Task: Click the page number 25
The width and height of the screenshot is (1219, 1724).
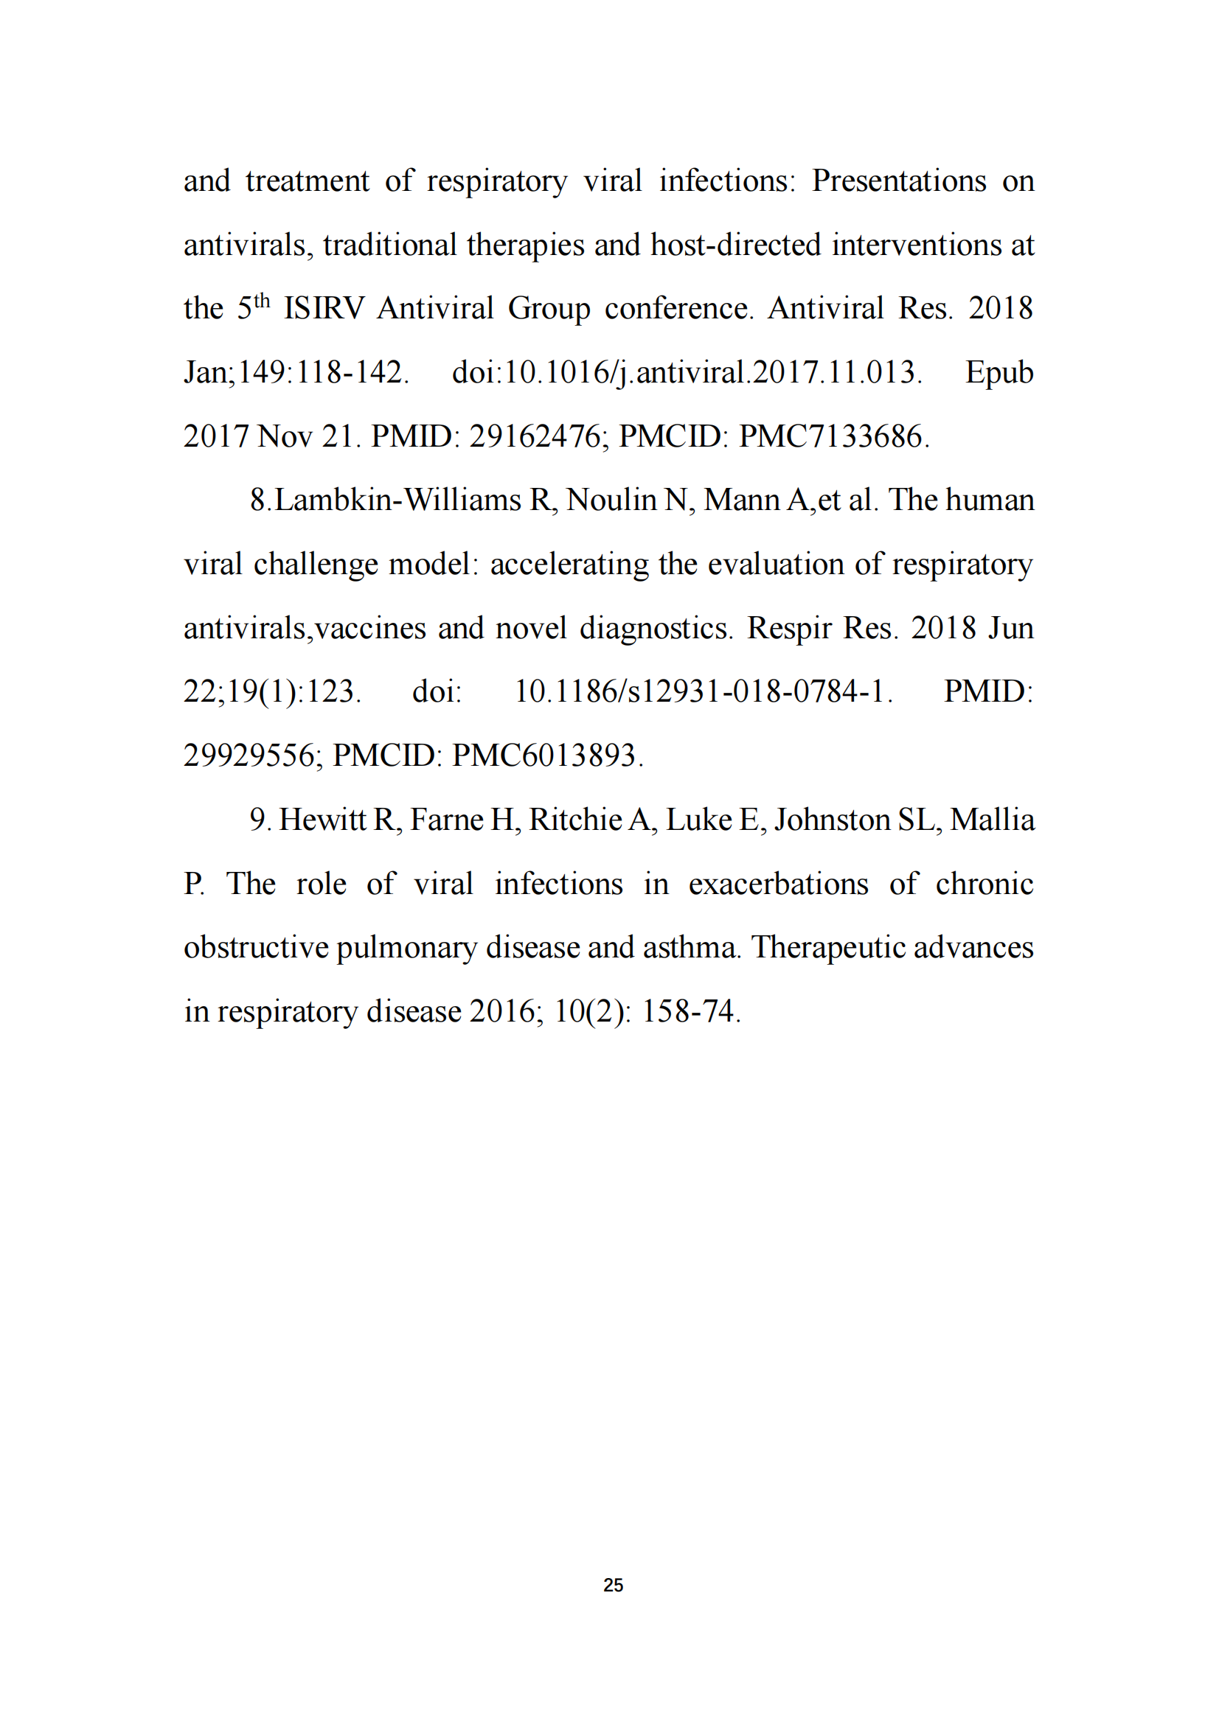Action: point(613,1585)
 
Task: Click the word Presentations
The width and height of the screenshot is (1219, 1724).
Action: point(898,181)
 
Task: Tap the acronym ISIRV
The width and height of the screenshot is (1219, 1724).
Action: point(324,309)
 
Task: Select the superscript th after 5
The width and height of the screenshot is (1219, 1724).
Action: point(261,301)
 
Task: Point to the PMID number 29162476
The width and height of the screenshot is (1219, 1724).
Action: point(535,436)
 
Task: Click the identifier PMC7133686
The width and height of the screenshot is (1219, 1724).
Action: point(830,436)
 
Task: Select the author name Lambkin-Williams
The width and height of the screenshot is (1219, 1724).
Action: point(398,500)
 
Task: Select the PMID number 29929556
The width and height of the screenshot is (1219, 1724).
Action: point(249,755)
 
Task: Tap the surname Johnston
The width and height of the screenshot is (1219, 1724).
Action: point(831,820)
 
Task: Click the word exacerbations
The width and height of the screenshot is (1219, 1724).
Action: point(778,884)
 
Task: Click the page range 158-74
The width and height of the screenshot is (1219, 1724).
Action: point(687,1011)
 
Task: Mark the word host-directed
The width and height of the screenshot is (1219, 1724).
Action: point(735,245)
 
